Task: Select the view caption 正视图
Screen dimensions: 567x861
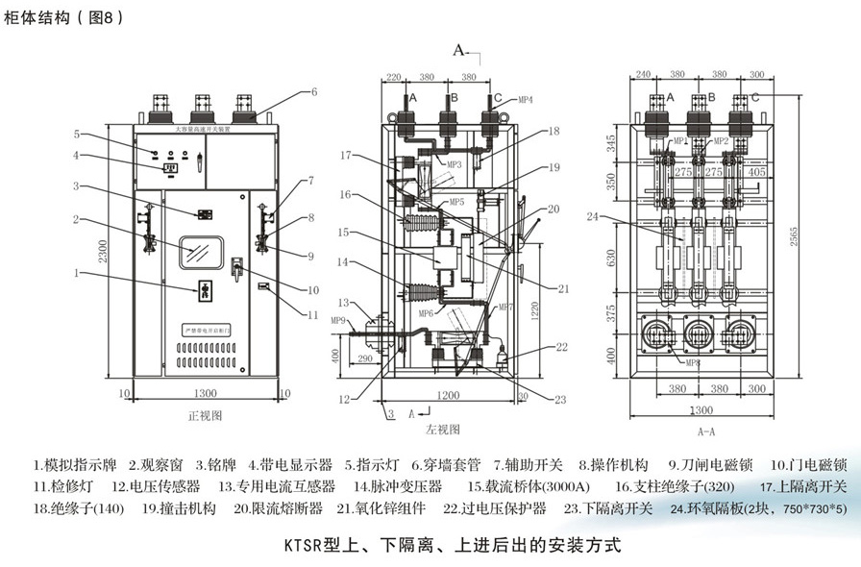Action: click(x=205, y=416)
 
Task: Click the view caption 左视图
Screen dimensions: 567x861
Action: click(x=443, y=429)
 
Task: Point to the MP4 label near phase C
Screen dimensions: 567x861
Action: click(x=526, y=99)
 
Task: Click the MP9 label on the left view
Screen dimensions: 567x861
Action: click(x=338, y=320)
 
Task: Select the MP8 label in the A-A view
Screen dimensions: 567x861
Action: click(x=693, y=362)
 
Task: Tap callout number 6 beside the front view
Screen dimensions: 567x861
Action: click(x=313, y=92)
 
